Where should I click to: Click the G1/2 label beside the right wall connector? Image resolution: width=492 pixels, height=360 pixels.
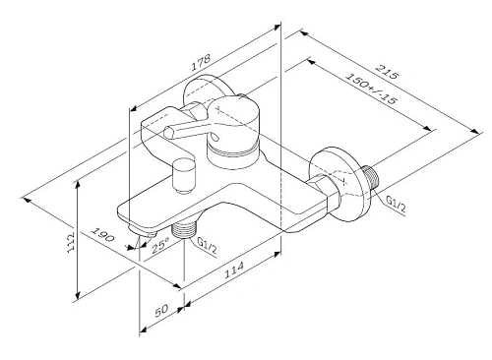pos(395,203)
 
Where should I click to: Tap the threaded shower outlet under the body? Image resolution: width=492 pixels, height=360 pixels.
pos(180,232)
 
